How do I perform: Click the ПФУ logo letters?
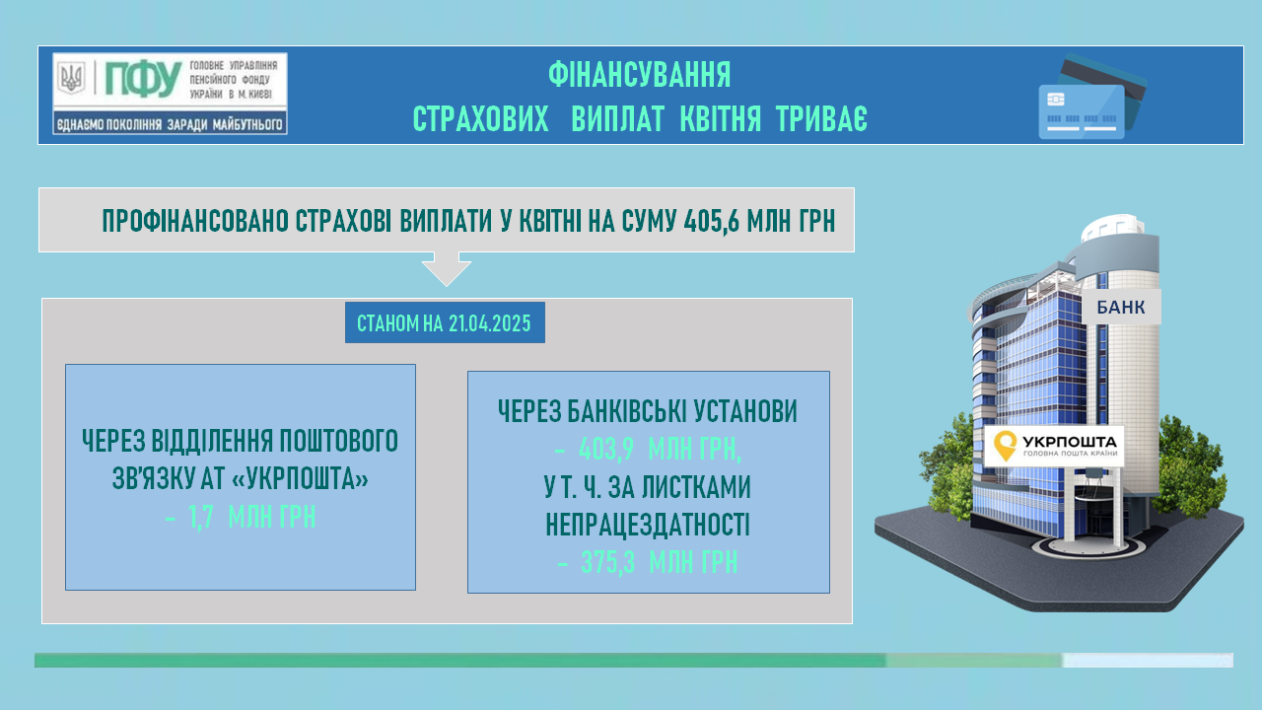143,79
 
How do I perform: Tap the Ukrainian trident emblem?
72,78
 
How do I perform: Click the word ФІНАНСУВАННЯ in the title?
640,75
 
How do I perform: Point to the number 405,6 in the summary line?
711,221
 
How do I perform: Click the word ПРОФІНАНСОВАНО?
195,221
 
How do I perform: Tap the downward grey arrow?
447,268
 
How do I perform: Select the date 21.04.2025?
490,323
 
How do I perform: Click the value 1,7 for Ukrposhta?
200,518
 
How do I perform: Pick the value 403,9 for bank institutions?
606,449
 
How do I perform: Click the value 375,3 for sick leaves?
608,562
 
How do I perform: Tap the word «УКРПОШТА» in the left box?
300,479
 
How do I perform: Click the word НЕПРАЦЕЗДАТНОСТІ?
648,525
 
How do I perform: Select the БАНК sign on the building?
1121,307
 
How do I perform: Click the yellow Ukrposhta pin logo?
1005,446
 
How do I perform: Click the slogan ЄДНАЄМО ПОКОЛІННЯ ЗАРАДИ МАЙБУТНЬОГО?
170,124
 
